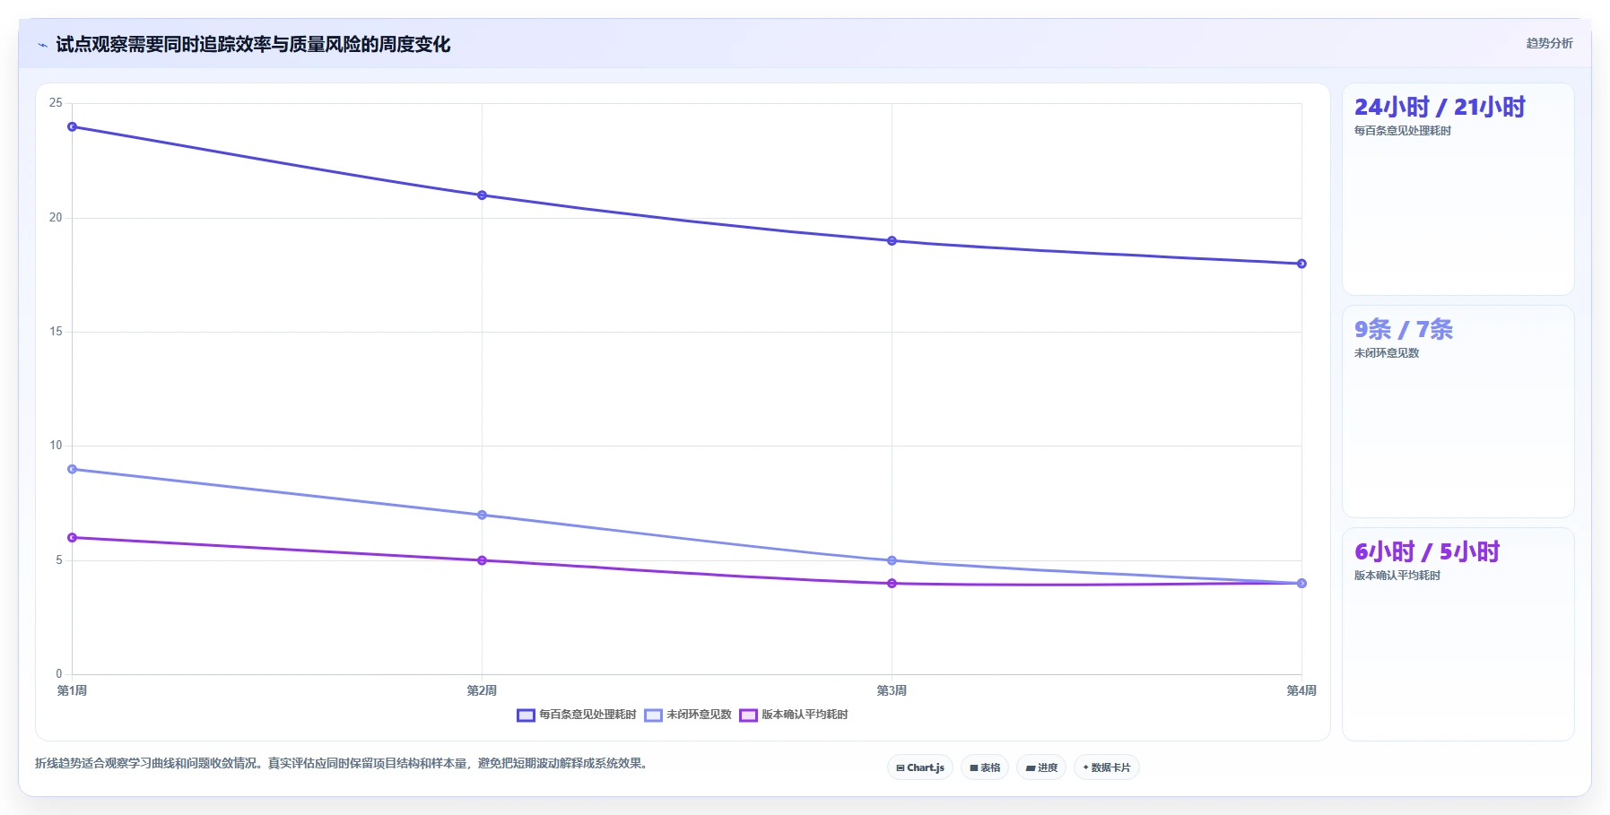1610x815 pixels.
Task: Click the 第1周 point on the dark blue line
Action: tap(73, 127)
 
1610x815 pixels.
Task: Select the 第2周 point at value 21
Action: tap(483, 195)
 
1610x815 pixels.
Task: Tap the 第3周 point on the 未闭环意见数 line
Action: tap(892, 561)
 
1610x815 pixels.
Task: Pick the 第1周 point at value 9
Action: tap(73, 470)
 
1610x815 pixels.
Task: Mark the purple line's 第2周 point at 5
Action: tap(483, 561)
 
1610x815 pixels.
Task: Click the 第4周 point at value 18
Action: tap(1301, 264)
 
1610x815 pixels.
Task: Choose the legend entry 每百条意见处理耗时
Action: tap(577, 715)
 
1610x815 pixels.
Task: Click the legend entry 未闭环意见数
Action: tap(688, 715)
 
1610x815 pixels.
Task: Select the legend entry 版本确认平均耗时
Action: tap(794, 715)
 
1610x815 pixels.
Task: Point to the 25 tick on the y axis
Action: tap(56, 103)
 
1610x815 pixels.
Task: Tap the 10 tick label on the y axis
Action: tap(56, 446)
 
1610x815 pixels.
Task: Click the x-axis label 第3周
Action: tap(892, 690)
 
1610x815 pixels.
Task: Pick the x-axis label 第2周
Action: tap(482, 690)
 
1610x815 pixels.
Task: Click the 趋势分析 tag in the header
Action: tap(1550, 43)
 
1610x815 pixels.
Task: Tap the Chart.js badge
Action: tap(920, 767)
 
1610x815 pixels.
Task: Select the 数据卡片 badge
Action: tap(1107, 767)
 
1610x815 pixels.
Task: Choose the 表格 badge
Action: tap(985, 767)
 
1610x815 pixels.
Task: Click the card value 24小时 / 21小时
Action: tap(1440, 108)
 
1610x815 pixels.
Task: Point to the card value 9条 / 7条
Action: tap(1404, 330)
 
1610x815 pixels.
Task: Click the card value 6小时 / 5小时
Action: tap(1427, 552)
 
